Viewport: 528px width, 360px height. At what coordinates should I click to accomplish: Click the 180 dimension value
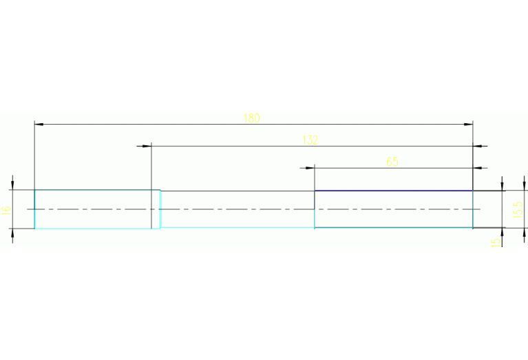pyautogui.click(x=251, y=118)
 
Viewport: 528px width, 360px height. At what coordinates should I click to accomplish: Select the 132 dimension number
pyautogui.click(x=310, y=140)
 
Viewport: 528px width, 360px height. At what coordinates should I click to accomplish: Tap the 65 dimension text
pyautogui.click(x=392, y=162)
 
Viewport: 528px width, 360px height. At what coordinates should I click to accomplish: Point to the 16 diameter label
pyautogui.click(x=7, y=209)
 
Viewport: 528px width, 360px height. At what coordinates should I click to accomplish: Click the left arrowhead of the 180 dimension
pyautogui.click(x=39, y=125)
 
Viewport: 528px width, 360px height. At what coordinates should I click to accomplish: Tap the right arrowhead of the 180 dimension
pyautogui.click(x=469, y=125)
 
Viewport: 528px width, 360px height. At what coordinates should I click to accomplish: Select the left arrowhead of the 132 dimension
pyautogui.click(x=146, y=146)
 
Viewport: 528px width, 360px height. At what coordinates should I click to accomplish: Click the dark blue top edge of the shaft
pyautogui.click(x=393, y=191)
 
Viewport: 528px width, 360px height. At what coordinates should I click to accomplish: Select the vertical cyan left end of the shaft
pyautogui.click(x=34, y=209)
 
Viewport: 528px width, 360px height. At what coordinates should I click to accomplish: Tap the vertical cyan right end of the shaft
pyautogui.click(x=473, y=209)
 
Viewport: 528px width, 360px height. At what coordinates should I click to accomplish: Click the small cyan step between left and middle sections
pyautogui.click(x=160, y=209)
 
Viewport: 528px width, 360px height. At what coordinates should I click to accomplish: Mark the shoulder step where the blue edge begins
pyautogui.click(x=315, y=200)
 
